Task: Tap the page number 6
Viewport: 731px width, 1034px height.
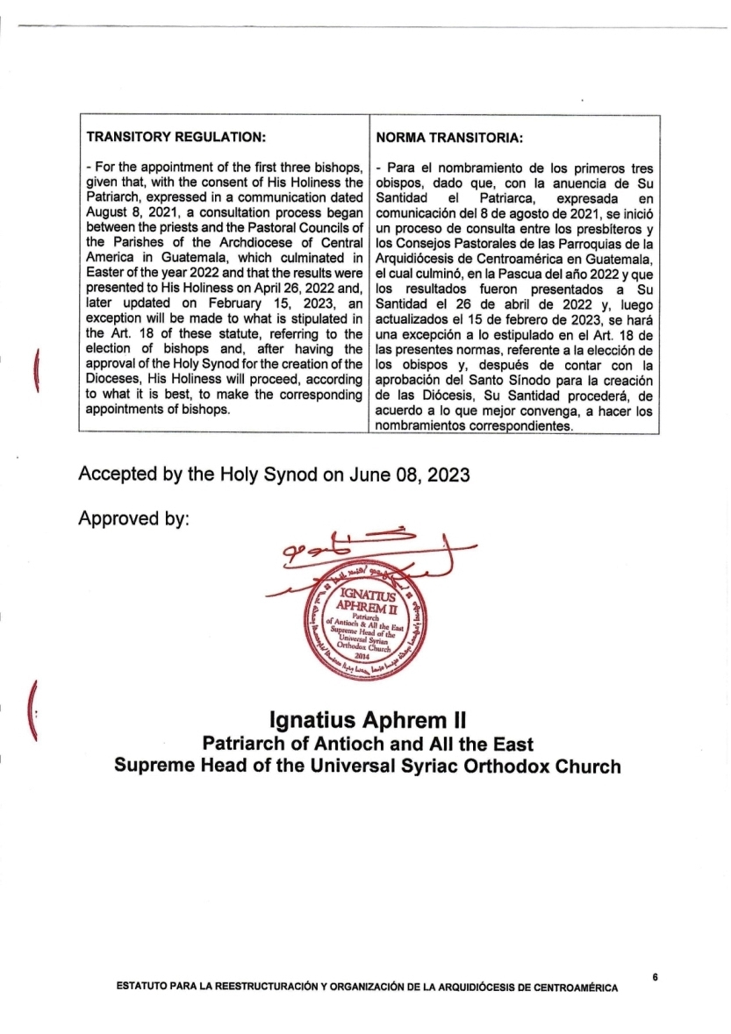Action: click(655, 975)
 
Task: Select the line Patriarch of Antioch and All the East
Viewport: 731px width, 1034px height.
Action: click(368, 744)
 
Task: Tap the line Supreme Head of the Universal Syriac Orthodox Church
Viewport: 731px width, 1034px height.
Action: click(367, 766)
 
